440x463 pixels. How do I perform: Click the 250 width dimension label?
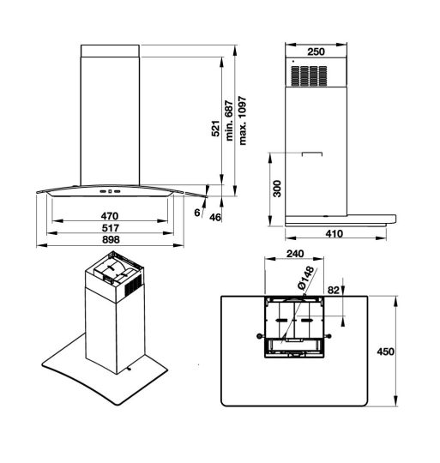(316, 51)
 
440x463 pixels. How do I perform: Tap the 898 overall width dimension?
(111, 239)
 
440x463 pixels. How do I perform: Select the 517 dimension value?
(111, 228)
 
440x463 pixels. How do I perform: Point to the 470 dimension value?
(110, 216)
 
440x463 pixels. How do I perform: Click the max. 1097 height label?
(242, 121)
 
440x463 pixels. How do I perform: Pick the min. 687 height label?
(229, 121)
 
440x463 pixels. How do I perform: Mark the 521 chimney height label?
(216, 129)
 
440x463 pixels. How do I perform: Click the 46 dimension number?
(215, 217)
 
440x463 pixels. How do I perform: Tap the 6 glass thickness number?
(197, 213)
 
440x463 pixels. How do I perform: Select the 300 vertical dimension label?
(277, 189)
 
